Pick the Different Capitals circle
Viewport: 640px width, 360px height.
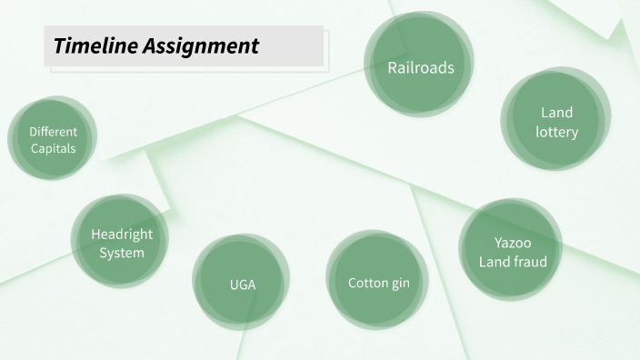(53, 139)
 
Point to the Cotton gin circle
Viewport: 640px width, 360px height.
(378, 281)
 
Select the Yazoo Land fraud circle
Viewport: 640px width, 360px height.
(512, 251)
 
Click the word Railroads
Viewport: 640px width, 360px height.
(420, 67)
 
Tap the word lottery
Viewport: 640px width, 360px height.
(556, 132)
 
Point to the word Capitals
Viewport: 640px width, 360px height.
(53, 148)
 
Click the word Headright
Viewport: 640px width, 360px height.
(122, 234)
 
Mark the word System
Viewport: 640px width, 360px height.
(122, 253)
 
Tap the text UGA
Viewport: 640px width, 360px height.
(242, 285)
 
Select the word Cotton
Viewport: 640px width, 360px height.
(367, 283)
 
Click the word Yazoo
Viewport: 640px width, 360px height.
(513, 243)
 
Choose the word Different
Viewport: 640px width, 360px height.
(53, 131)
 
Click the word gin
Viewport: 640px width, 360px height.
(400, 284)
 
